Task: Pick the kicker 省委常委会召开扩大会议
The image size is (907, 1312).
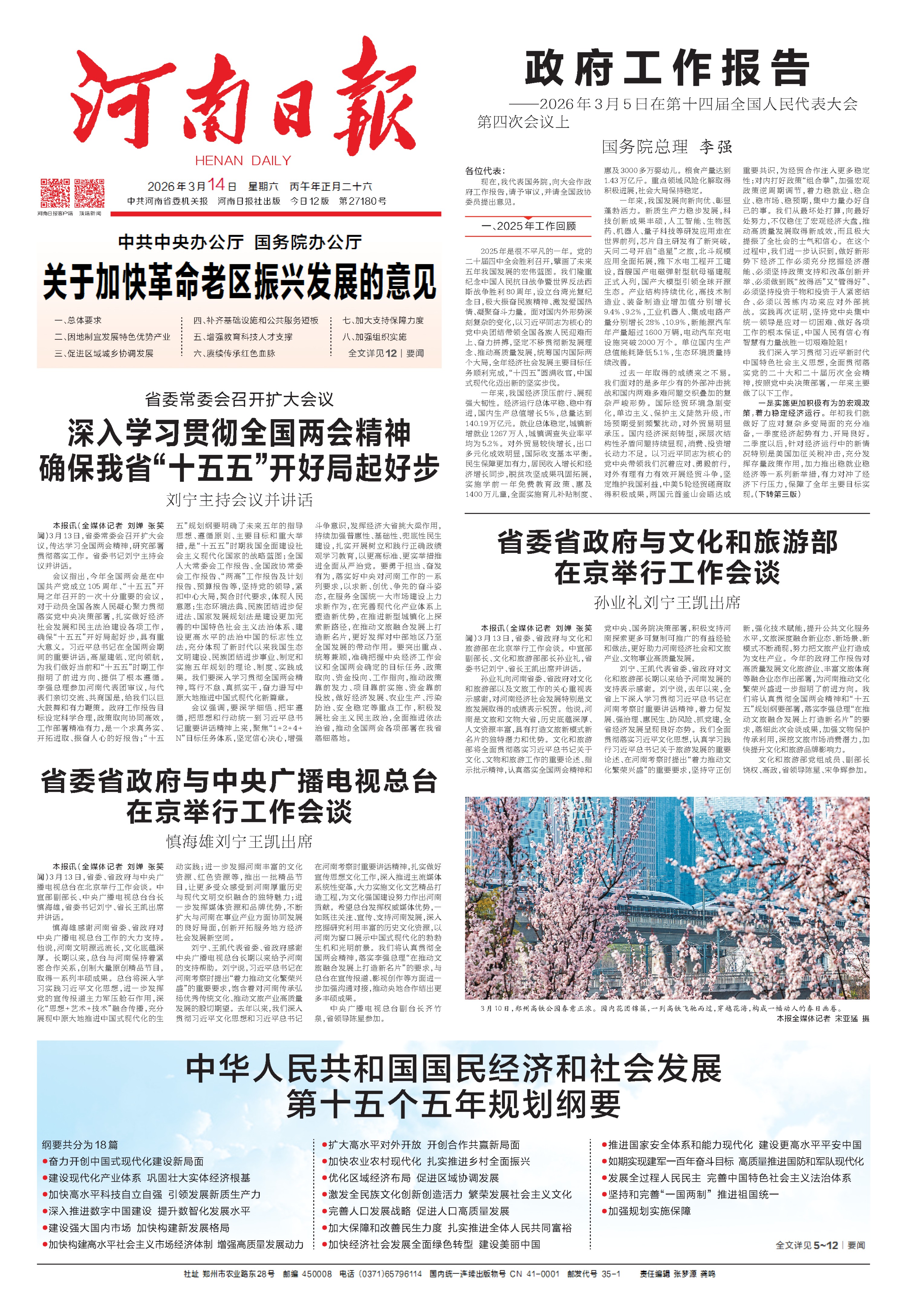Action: [x=239, y=399]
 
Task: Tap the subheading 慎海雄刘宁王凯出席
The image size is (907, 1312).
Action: [x=239, y=841]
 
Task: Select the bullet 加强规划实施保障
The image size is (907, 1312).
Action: [x=649, y=1211]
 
